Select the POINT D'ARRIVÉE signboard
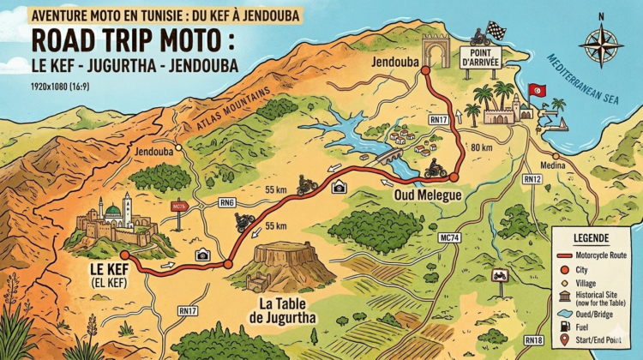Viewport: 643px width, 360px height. tap(481, 57)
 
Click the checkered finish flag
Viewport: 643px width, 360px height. tap(497, 30)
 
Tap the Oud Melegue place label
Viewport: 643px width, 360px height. tap(426, 195)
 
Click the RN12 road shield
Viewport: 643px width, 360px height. tap(532, 179)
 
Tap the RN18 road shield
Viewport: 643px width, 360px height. tap(533, 341)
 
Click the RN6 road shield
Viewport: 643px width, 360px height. tap(226, 203)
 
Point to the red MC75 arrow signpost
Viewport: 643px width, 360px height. tap(179, 207)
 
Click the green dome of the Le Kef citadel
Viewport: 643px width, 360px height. tap(112, 210)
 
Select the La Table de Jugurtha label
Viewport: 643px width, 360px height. tap(280, 310)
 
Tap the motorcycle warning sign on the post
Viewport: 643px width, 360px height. tap(500, 276)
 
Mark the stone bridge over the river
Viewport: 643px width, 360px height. tap(390, 157)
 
